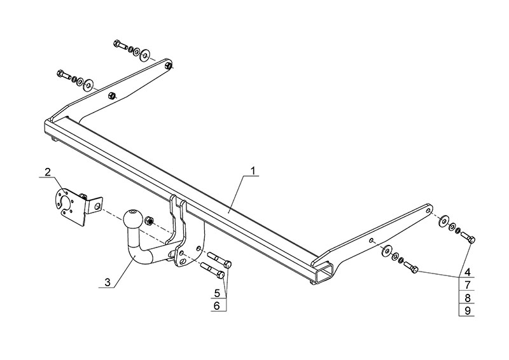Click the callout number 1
tap(253, 170)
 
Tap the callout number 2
tap(47, 172)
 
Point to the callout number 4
tap(467, 272)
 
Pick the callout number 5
tap(218, 293)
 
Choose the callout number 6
tap(218, 306)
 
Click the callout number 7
tap(467, 284)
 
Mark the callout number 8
tap(467, 297)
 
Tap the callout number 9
tap(467, 310)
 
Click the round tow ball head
tap(134, 218)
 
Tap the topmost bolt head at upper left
tap(117, 44)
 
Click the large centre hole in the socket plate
tap(64, 203)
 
